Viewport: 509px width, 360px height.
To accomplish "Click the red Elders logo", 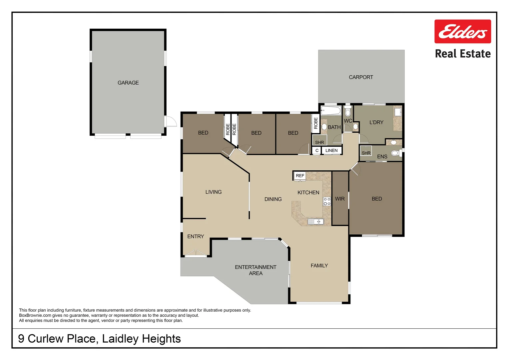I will pyautogui.click(x=462, y=31).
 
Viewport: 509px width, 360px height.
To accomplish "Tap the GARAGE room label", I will pyautogui.click(x=128, y=83).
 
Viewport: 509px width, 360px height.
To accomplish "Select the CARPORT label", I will pyautogui.click(x=361, y=77).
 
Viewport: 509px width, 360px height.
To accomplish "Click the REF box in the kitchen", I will pyautogui.click(x=300, y=176).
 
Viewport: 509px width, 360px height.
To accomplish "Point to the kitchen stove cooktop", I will pyautogui.click(x=327, y=201).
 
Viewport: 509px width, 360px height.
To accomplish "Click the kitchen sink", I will pyautogui.click(x=315, y=221).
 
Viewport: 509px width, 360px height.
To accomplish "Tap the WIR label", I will pyautogui.click(x=340, y=199).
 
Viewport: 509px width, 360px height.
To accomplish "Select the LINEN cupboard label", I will pyautogui.click(x=331, y=150).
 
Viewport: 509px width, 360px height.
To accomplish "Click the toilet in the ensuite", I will pyautogui.click(x=396, y=153).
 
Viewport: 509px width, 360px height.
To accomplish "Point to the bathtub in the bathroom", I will pyautogui.click(x=330, y=110).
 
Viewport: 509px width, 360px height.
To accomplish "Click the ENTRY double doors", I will pyautogui.click(x=196, y=253).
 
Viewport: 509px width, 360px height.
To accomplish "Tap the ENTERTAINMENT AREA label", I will pyautogui.click(x=255, y=270).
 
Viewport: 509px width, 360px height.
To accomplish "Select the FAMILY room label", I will pyautogui.click(x=319, y=266).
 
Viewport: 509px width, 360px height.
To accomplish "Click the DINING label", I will pyautogui.click(x=273, y=199).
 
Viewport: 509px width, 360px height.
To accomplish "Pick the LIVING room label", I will pyautogui.click(x=213, y=192).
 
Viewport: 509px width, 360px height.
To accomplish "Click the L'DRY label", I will pyautogui.click(x=376, y=122).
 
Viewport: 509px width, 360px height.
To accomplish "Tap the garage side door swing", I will pyautogui.click(x=171, y=121).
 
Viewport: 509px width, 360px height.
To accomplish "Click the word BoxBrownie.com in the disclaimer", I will pyautogui.click(x=35, y=315).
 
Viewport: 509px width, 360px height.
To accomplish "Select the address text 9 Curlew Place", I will pyautogui.click(x=57, y=339).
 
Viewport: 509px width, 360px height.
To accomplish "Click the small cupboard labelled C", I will pyautogui.click(x=317, y=150).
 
